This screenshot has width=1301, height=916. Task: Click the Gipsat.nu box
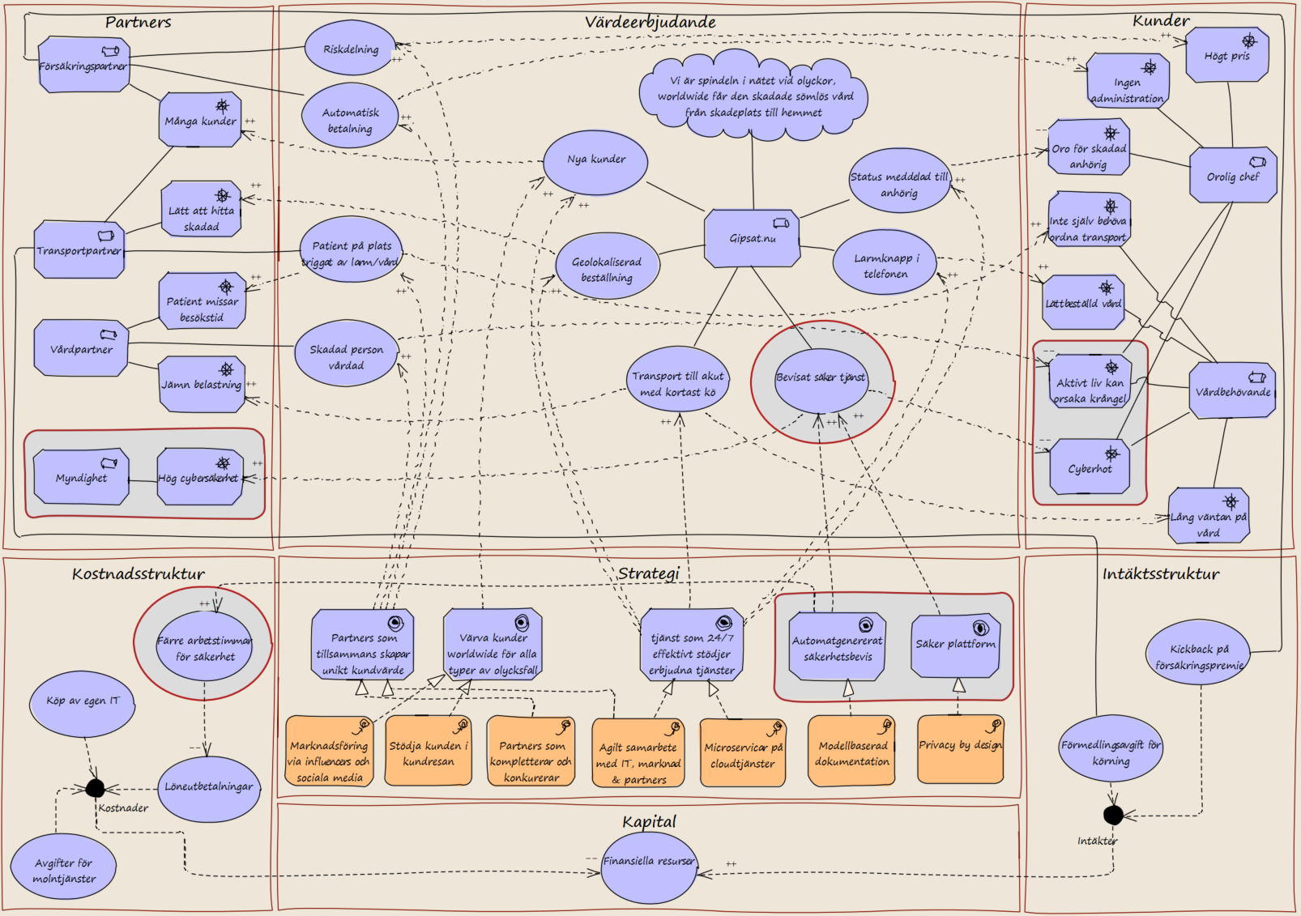(x=752, y=238)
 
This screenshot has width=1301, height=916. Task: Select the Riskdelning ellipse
(x=351, y=49)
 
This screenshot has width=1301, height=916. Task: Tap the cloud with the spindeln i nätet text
(x=753, y=96)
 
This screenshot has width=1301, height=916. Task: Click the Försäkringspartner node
(x=83, y=65)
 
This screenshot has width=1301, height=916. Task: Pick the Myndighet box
(x=81, y=476)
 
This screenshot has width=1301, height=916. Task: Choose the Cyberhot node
(x=1090, y=467)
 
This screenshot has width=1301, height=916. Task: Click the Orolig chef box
(x=1233, y=175)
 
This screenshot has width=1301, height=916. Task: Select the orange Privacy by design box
(x=961, y=748)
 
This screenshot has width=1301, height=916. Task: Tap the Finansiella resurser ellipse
(x=649, y=867)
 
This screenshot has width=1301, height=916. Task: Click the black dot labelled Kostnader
(x=96, y=788)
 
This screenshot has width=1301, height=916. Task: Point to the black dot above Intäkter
(x=1113, y=815)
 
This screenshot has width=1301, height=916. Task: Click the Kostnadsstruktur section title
(x=139, y=574)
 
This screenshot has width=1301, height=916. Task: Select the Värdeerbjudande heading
(x=650, y=22)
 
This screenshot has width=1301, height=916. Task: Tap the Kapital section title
(x=649, y=821)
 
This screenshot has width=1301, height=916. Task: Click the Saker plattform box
(x=955, y=645)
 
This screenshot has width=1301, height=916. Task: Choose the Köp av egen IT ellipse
(x=83, y=704)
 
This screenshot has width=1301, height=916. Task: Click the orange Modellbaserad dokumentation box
(x=851, y=751)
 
